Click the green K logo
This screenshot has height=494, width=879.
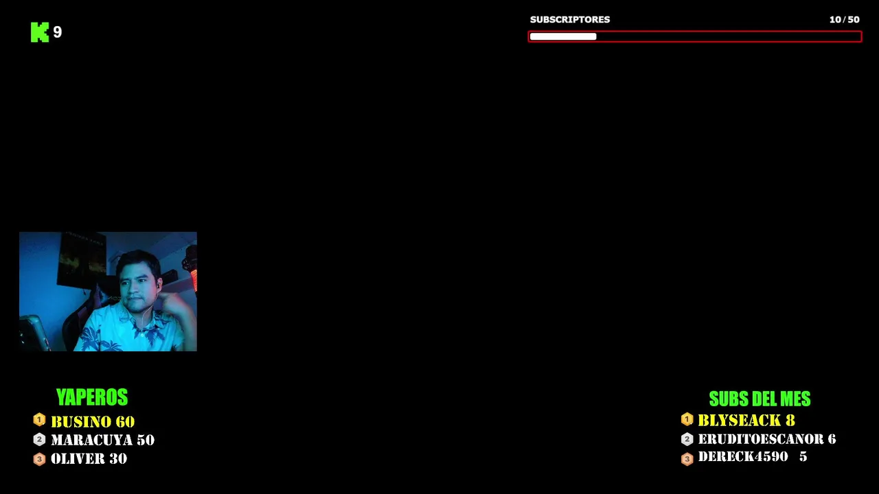[x=40, y=32]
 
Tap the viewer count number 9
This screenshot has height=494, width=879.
[x=57, y=32]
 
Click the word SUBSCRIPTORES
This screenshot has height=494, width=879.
[x=570, y=20]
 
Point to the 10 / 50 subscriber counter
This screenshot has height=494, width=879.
[x=844, y=20]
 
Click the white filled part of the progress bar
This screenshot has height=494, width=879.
[x=563, y=36]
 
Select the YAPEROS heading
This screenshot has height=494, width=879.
[x=92, y=397]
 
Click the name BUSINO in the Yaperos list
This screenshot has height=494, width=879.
[x=80, y=422]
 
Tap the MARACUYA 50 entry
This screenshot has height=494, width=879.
[x=103, y=440]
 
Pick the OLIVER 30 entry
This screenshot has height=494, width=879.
[x=89, y=459]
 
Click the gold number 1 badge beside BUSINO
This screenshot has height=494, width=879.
[x=39, y=419]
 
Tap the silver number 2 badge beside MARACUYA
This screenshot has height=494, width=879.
[x=39, y=440]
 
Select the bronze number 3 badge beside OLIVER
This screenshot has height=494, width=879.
[x=39, y=459]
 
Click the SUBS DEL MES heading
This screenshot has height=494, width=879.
[x=760, y=399]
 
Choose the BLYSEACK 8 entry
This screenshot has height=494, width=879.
[x=746, y=421]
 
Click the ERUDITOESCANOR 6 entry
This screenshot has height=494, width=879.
[x=767, y=439]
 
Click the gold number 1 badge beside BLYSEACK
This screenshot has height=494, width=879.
[x=687, y=419]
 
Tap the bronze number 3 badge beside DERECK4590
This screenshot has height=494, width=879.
[x=687, y=459]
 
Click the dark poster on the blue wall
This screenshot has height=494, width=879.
[x=82, y=259]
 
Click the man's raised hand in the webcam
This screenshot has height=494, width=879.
[x=174, y=303]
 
